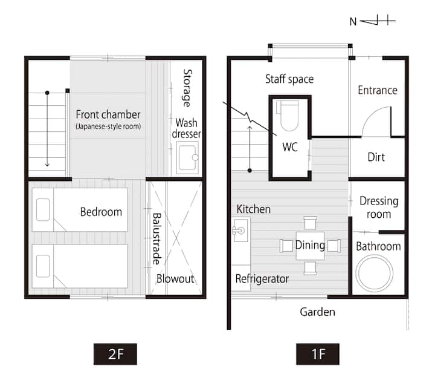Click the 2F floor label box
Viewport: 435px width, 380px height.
(x=115, y=354)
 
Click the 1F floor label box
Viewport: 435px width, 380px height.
(x=318, y=354)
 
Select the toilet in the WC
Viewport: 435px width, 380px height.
(x=289, y=116)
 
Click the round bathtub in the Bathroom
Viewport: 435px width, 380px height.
(x=375, y=272)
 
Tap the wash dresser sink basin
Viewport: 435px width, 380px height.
(x=187, y=158)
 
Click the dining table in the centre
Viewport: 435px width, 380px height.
(x=310, y=246)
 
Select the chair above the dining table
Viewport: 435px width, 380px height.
(x=311, y=223)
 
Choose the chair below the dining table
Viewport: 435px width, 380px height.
(x=311, y=268)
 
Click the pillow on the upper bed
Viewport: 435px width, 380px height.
(x=43, y=209)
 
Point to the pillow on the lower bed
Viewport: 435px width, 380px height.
(x=43, y=266)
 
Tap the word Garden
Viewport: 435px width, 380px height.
(x=317, y=312)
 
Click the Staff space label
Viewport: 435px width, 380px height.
(x=289, y=79)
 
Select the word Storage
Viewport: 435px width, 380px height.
(x=187, y=88)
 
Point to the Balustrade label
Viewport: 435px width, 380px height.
(x=156, y=239)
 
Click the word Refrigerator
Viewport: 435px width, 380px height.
(x=262, y=278)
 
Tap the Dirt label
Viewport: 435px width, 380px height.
(x=376, y=157)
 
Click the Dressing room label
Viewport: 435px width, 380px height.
(x=379, y=208)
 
